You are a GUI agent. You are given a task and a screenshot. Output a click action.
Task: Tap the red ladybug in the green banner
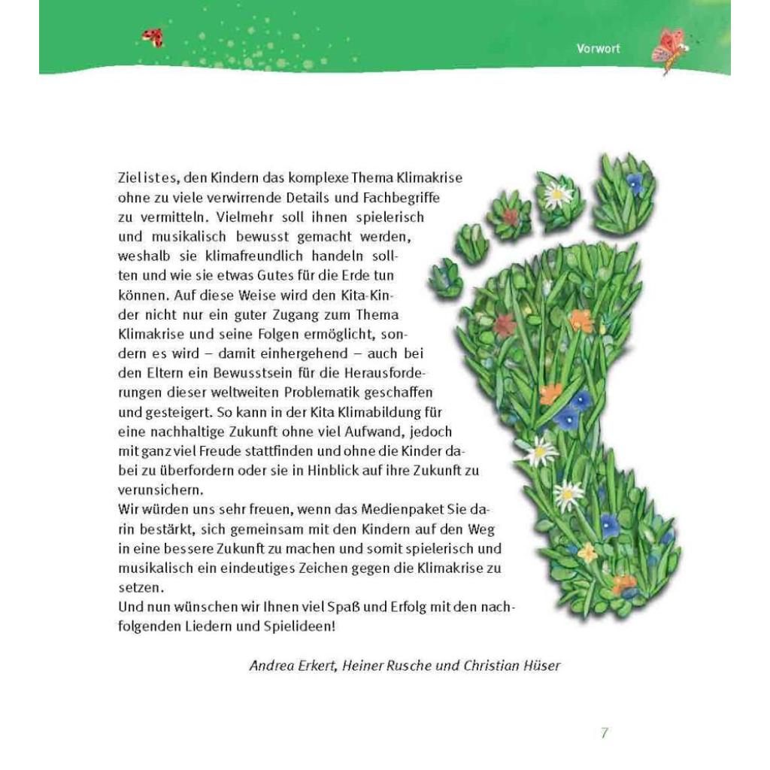pos(153,38)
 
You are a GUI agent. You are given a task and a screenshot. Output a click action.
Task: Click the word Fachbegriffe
pos(391,198)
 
